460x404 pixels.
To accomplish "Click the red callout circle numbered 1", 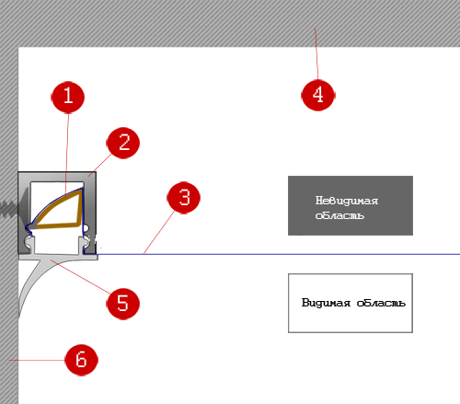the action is (x=68, y=98).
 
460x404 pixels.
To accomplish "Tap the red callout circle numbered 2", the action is (x=123, y=143).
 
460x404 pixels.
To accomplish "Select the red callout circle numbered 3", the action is (x=184, y=197).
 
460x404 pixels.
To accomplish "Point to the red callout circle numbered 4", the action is (x=318, y=95).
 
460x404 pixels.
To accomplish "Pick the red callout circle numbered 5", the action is (x=122, y=304).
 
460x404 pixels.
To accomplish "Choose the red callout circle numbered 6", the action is (x=81, y=360).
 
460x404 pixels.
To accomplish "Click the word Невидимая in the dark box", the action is (x=347, y=201).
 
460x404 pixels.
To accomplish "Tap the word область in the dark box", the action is (x=339, y=215).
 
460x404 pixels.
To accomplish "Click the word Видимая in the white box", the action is (x=326, y=303).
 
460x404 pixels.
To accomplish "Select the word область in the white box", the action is (x=381, y=303).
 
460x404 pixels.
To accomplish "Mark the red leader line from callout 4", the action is (x=316, y=53).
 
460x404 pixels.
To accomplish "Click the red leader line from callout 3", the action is (x=159, y=233).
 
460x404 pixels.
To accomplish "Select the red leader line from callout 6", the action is (x=37, y=360).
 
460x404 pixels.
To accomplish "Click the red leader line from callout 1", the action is (x=67, y=154).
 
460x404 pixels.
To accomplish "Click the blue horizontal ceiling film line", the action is (x=279, y=254).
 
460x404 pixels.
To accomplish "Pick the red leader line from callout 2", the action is (x=100, y=165).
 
